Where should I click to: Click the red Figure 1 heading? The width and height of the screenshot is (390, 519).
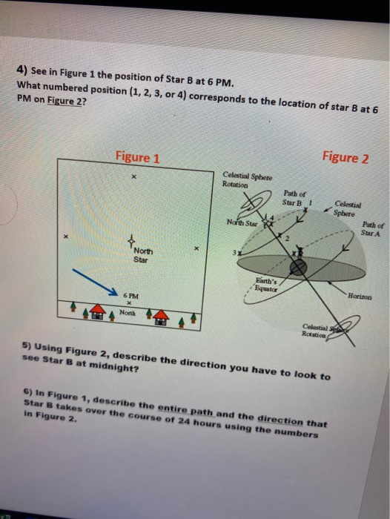[137, 157]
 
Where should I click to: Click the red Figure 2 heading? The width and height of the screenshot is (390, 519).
[345, 157]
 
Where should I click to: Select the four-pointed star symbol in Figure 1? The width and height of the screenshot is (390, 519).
[131, 242]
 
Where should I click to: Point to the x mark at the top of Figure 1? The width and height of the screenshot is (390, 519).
[133, 178]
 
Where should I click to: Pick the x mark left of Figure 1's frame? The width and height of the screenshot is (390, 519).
[65, 237]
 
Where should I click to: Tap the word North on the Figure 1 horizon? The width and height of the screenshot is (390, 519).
[128, 312]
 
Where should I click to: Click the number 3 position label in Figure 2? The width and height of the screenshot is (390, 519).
[235, 254]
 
